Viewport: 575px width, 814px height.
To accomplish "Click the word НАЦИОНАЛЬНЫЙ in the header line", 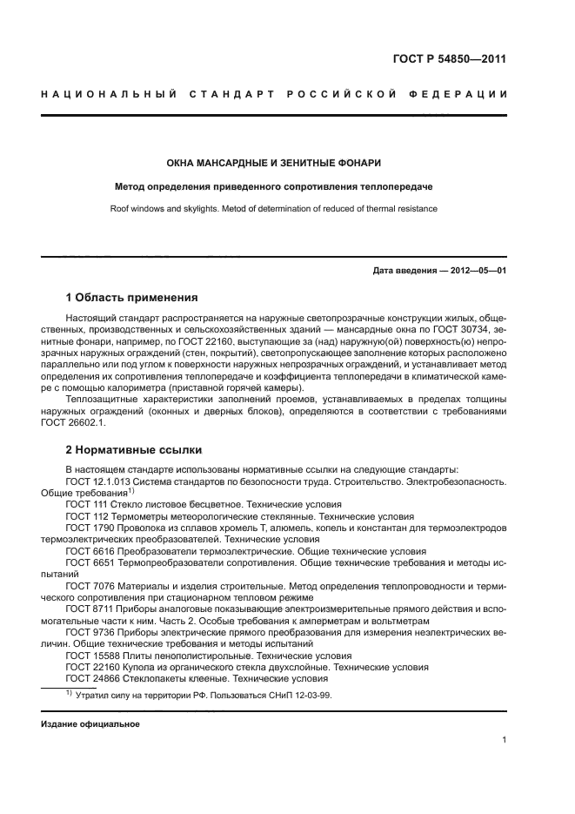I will coord(108,93).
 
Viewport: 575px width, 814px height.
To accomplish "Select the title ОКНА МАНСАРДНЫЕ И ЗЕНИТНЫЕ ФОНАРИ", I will coord(274,163).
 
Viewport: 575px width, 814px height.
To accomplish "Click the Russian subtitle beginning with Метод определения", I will coord(274,186).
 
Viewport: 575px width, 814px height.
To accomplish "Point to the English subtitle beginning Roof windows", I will coord(274,209).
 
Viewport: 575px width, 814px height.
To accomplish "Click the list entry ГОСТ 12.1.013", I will coord(97,481).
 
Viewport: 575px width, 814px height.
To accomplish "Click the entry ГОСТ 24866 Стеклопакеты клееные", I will coord(196,678).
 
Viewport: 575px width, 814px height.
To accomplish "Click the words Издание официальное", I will coord(90,724).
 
